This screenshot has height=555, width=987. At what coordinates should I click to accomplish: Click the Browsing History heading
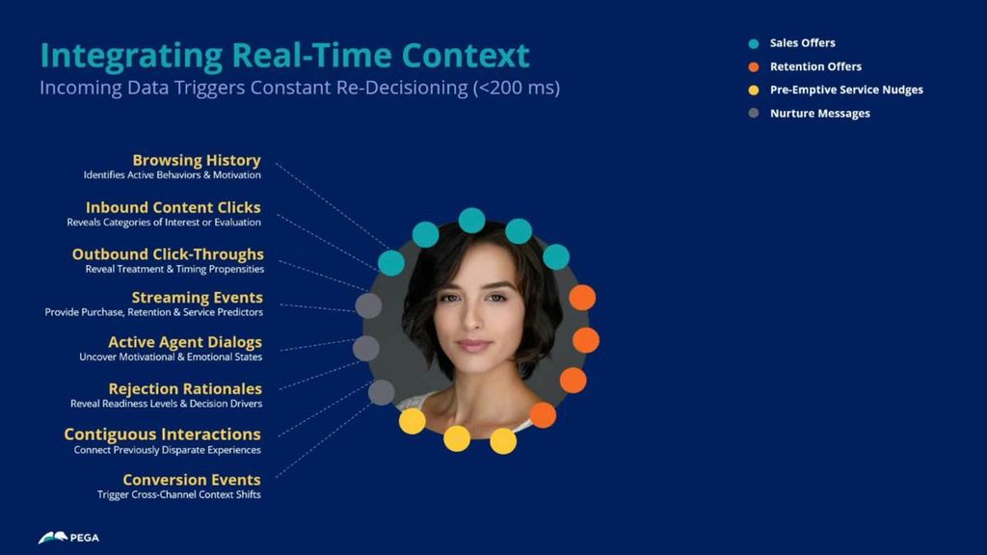pyautogui.click(x=197, y=161)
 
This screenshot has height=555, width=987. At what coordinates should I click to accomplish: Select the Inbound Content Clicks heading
pyautogui.click(x=173, y=208)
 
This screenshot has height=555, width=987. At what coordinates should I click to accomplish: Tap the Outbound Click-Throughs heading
pyautogui.click(x=168, y=254)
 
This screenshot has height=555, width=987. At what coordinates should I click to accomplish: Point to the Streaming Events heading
pyautogui.click(x=197, y=298)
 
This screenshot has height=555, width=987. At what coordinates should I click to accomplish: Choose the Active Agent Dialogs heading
pyautogui.click(x=185, y=342)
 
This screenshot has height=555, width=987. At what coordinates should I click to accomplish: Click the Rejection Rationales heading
pyautogui.click(x=185, y=389)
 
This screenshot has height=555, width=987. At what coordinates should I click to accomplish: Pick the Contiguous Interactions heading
pyautogui.click(x=162, y=435)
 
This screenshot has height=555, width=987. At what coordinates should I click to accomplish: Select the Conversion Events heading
pyautogui.click(x=192, y=480)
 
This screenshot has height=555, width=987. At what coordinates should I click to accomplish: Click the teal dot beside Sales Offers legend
pyautogui.click(x=754, y=43)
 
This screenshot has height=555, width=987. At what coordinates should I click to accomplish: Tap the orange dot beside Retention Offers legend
pyautogui.click(x=754, y=66)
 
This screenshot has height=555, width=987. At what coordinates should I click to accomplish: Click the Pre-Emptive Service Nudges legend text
pyautogui.click(x=846, y=90)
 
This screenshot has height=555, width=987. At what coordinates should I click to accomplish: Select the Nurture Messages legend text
pyautogui.click(x=820, y=114)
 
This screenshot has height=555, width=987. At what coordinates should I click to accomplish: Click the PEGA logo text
pyautogui.click(x=85, y=538)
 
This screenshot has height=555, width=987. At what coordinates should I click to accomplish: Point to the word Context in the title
pyautogui.click(x=466, y=55)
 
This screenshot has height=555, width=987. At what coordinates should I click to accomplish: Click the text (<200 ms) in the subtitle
pyautogui.click(x=517, y=88)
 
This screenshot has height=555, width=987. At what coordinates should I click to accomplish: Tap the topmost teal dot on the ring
pyautogui.click(x=471, y=221)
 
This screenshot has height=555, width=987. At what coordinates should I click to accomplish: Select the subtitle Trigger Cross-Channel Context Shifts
pyautogui.click(x=178, y=494)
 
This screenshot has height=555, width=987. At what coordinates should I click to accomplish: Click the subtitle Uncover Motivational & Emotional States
pyautogui.click(x=171, y=357)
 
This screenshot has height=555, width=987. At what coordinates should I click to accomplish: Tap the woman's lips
pyautogui.click(x=474, y=345)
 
